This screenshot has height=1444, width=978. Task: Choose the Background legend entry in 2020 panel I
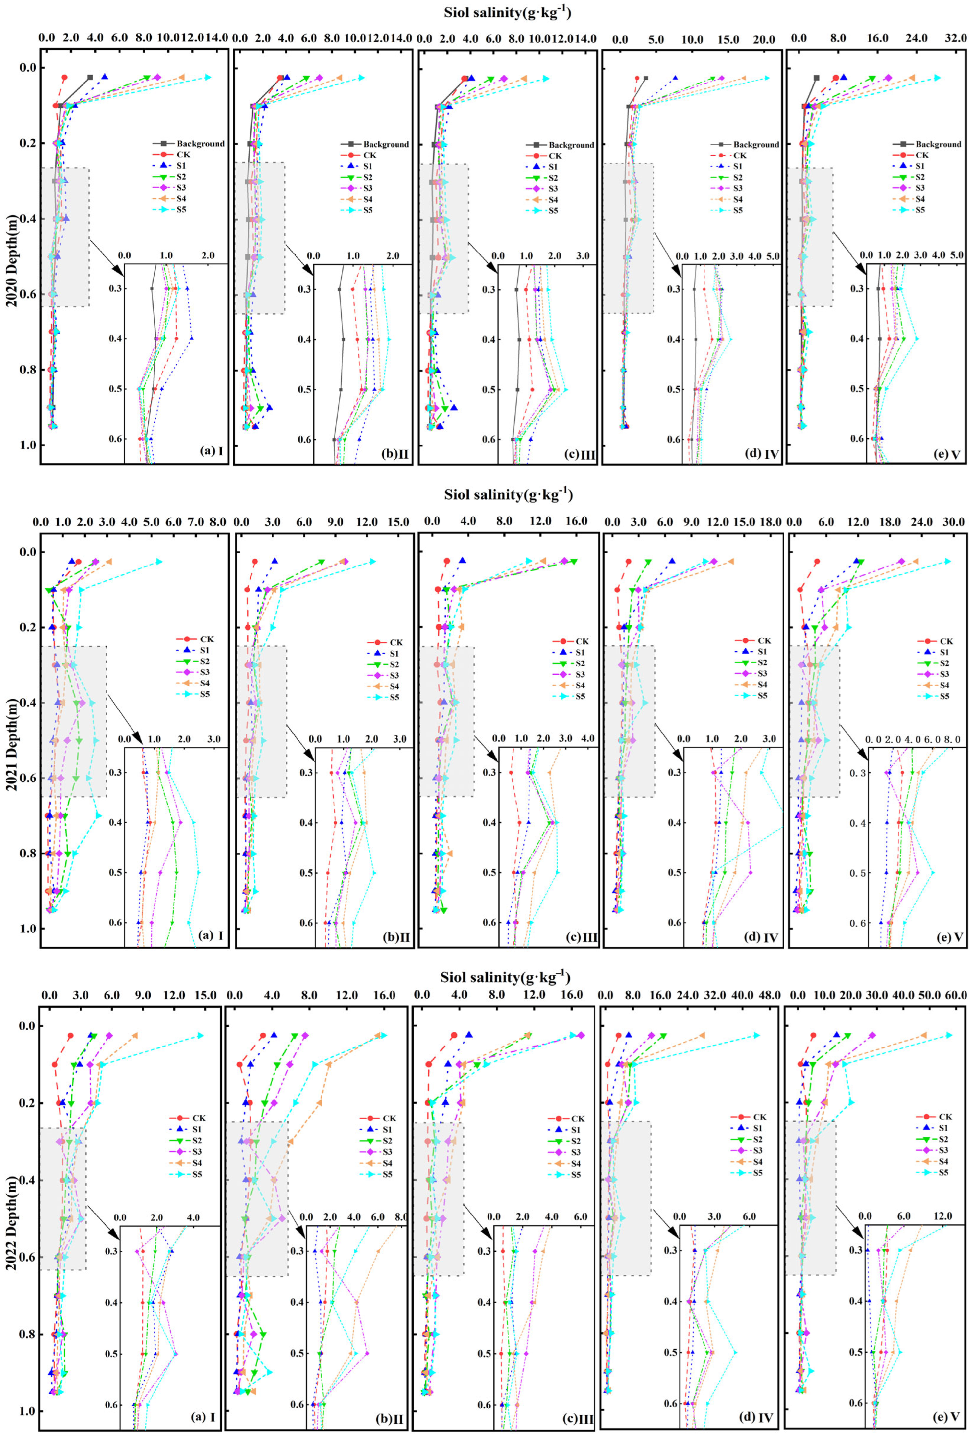(x=193, y=144)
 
